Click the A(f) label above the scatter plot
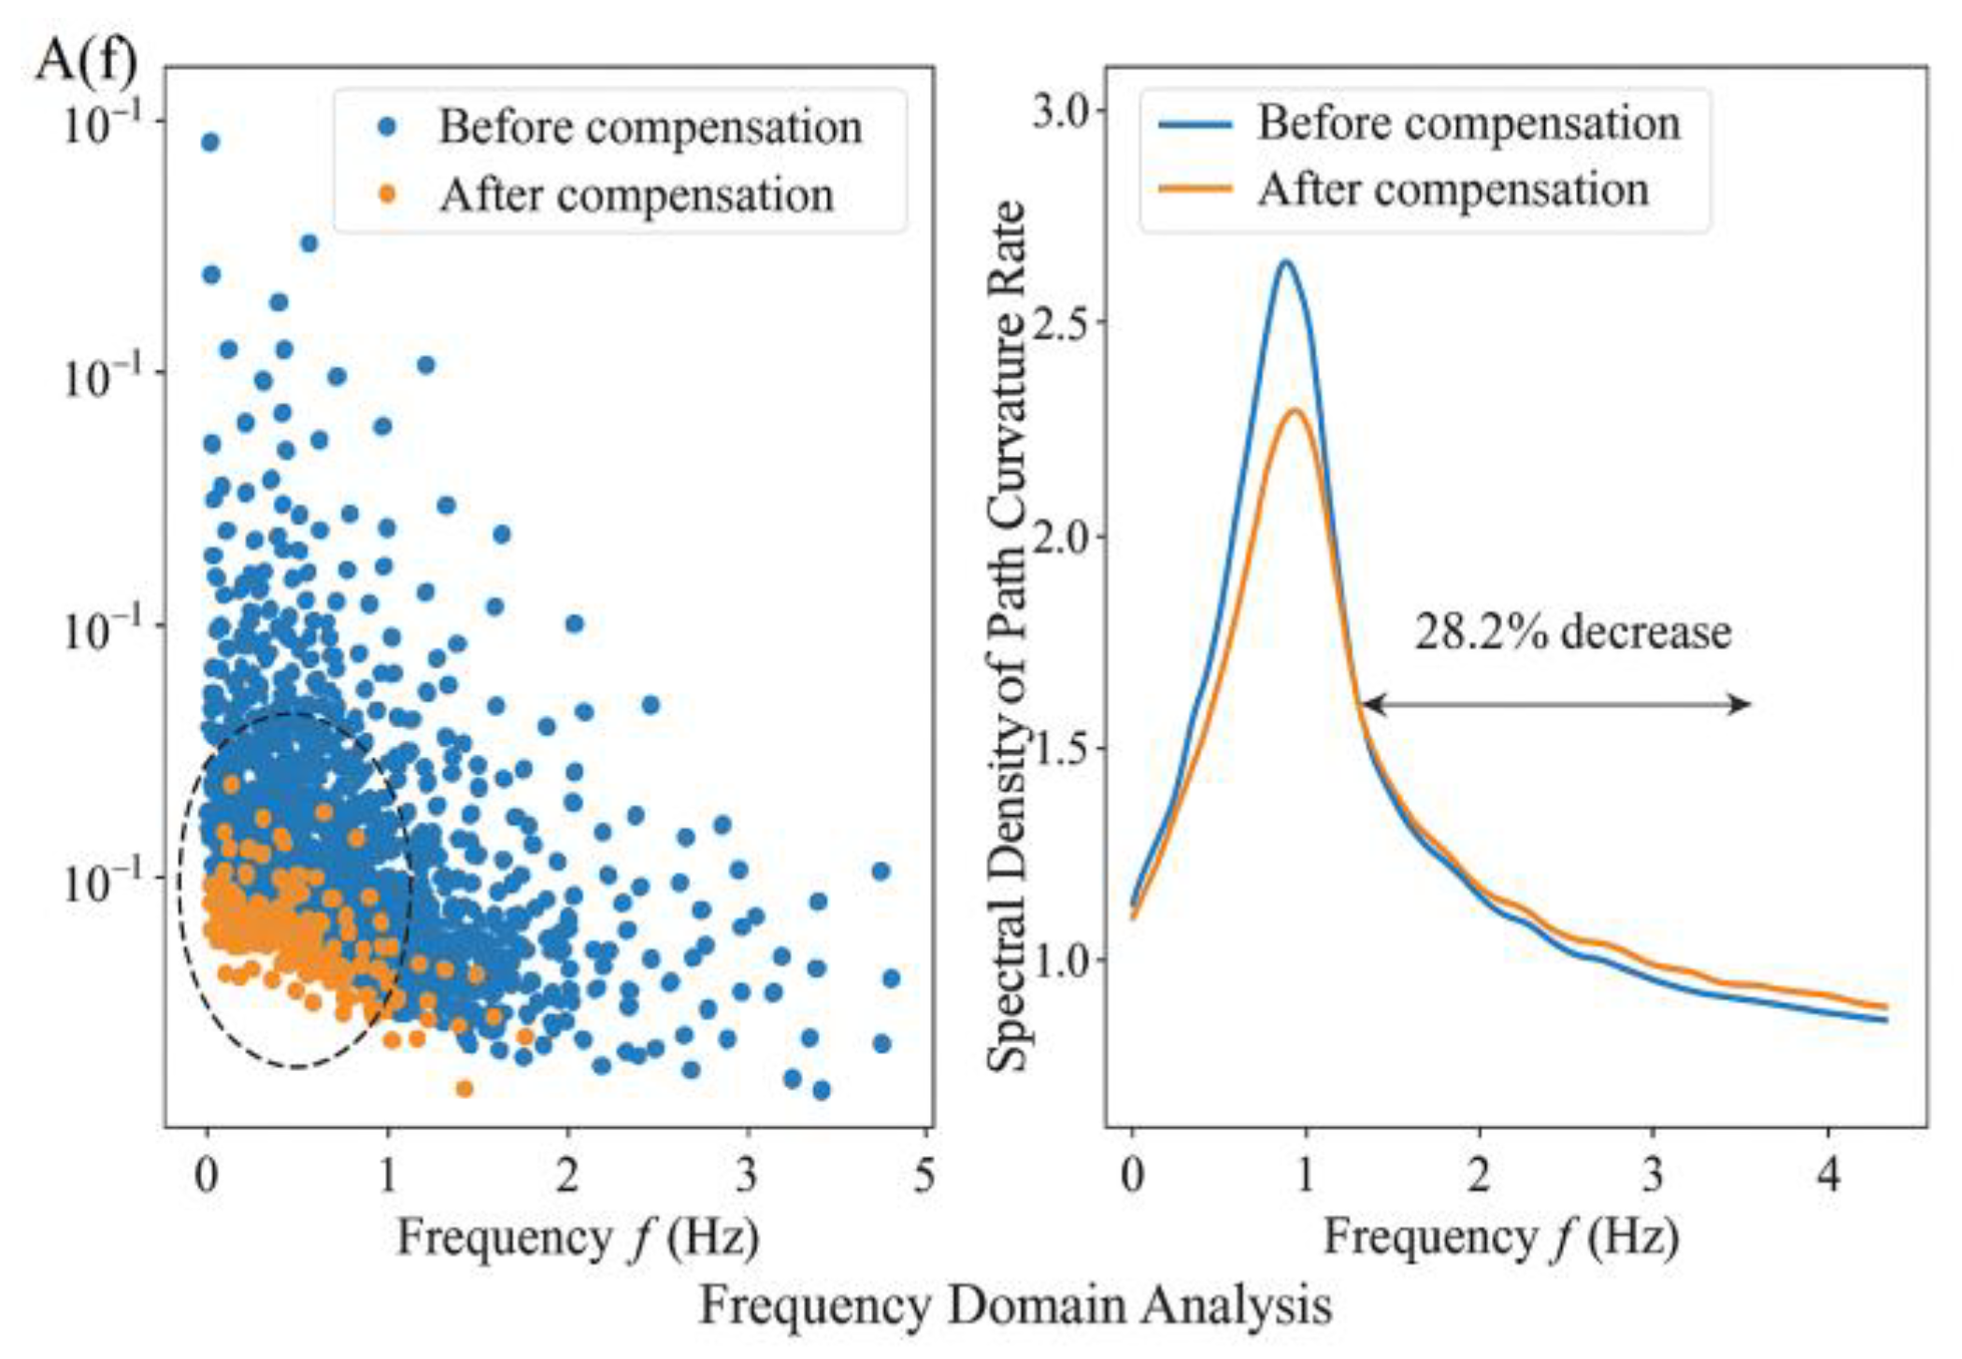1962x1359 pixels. click(x=86, y=61)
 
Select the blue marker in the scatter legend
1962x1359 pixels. click(x=388, y=127)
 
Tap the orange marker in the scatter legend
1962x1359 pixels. click(x=388, y=194)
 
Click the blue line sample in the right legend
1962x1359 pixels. click(x=1196, y=123)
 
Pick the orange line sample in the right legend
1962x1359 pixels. click(x=1196, y=189)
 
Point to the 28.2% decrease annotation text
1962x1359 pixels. click(x=1572, y=632)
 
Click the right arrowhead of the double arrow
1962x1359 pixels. click(x=1740, y=705)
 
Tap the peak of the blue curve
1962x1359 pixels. click(x=1285, y=262)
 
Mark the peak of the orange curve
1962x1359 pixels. click(x=1296, y=410)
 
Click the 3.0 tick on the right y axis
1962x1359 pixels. click(x=1062, y=110)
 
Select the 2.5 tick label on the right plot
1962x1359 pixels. click(x=1062, y=322)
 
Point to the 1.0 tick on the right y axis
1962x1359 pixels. click(x=1062, y=960)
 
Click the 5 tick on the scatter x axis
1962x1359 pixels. click(x=924, y=1175)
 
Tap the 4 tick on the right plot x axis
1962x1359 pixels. click(x=1828, y=1175)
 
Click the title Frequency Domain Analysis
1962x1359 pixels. click(x=1015, y=1306)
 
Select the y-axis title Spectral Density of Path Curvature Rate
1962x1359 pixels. click(x=1009, y=636)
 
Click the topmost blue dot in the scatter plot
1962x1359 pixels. click(x=210, y=142)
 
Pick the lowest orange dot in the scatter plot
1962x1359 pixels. click(x=465, y=1088)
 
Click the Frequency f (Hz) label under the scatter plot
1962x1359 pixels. click(x=578, y=1238)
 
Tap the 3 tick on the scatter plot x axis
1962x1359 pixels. click(x=746, y=1175)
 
